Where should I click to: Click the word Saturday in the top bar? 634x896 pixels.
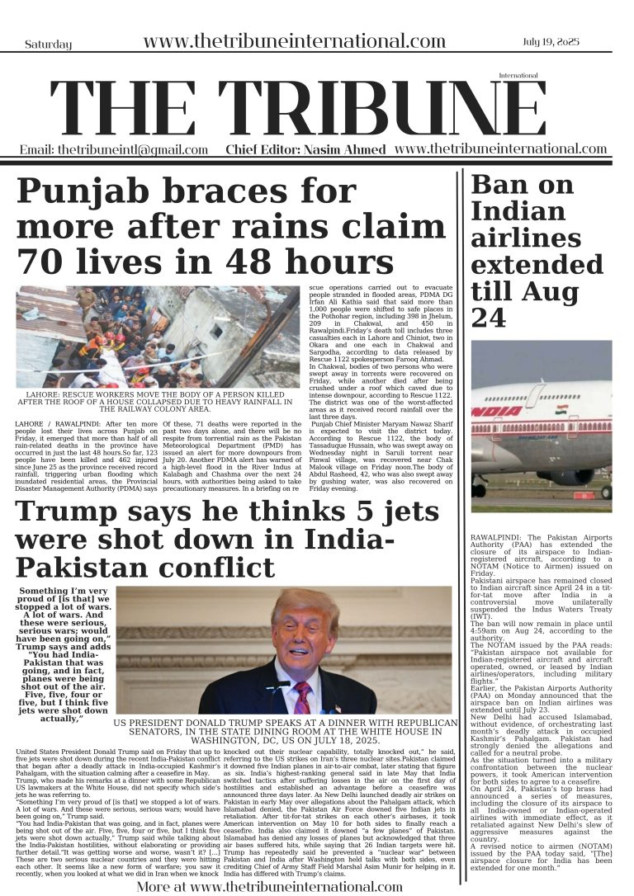point(48,44)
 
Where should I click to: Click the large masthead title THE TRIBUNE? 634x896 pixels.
point(297,110)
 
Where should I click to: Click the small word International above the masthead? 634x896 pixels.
point(518,75)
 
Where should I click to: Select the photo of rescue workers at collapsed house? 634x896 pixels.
point(158,337)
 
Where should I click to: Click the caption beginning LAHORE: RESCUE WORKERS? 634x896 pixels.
point(158,402)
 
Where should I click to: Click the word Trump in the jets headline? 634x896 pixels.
point(63,512)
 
